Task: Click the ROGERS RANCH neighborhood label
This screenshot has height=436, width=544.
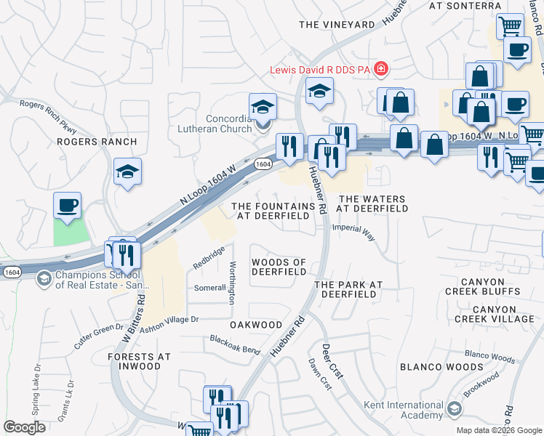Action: point(97,142)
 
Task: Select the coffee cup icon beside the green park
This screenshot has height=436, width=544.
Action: point(68,205)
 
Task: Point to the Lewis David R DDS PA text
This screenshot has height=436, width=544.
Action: point(319,70)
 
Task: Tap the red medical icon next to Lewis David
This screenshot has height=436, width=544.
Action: point(380,70)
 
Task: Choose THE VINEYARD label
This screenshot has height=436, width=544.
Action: point(337,25)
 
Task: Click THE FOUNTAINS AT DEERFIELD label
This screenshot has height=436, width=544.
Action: point(273,211)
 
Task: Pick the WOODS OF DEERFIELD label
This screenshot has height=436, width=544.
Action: point(279,267)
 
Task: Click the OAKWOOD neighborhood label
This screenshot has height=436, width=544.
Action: point(256,324)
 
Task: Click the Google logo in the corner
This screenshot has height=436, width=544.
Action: point(25,427)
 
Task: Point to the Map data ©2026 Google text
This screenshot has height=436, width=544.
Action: point(499,430)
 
